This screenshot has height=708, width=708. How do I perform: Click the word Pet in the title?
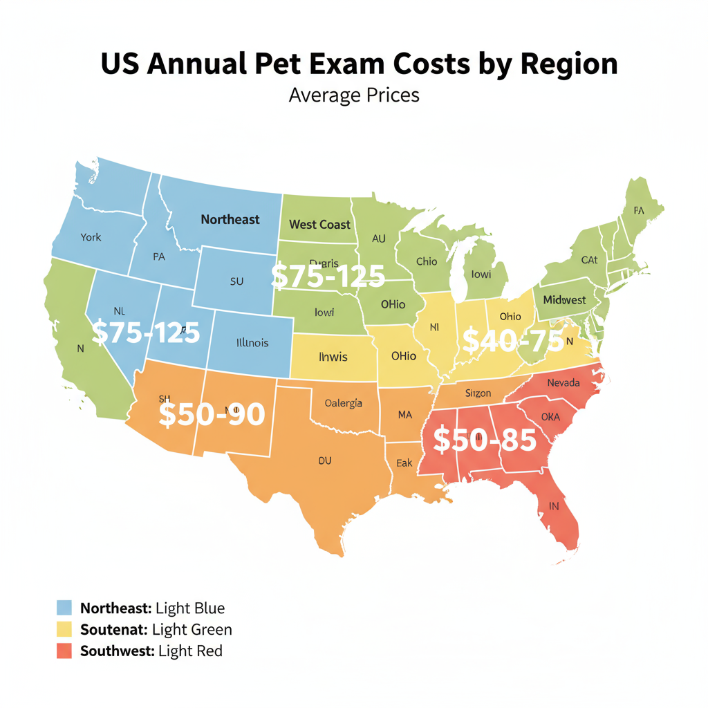coord(274,64)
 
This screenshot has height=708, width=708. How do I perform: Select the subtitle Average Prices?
coord(354,94)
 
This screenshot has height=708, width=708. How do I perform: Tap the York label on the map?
coord(91,237)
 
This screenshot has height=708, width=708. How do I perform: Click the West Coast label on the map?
coord(320,224)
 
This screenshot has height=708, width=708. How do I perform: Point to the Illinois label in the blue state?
coord(252,342)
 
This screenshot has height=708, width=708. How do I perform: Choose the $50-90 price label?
coord(212,414)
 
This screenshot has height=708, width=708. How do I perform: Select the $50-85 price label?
coord(484,440)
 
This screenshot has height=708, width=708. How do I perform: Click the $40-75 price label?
coord(512,340)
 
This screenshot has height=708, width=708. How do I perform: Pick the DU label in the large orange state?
coord(325,459)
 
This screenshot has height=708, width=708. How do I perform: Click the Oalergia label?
coord(344,404)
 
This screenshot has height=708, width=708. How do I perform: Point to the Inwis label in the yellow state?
coord(333,357)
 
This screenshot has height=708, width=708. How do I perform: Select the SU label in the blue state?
coord(236,282)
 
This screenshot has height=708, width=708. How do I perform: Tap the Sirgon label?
coord(478,393)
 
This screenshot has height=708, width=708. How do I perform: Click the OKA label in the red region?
coord(550,417)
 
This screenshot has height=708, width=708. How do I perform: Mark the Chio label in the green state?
coord(427,261)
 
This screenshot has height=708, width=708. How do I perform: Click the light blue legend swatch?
coord(64,608)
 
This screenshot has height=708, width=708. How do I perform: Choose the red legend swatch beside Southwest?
coord(64,651)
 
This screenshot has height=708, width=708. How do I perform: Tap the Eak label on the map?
coord(404,464)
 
